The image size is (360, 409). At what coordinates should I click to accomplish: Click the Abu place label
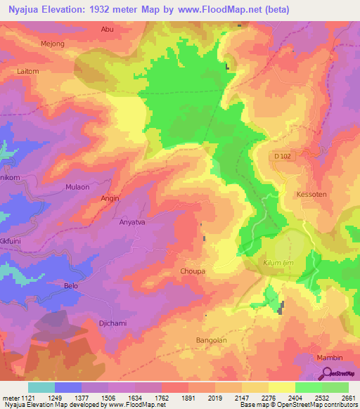(x=107, y=29)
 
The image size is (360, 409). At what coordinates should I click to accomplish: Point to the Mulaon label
(x=77, y=188)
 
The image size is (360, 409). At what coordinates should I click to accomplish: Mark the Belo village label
(x=71, y=286)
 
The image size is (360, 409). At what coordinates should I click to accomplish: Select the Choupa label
(x=193, y=271)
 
